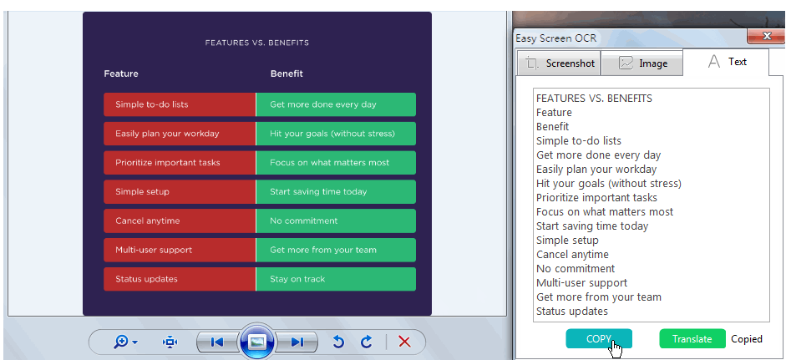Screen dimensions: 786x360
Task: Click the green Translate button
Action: click(692, 338)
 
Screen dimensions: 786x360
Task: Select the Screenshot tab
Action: click(558, 63)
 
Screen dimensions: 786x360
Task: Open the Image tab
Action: click(641, 63)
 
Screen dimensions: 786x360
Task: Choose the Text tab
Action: click(726, 62)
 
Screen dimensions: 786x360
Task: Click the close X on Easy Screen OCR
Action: click(766, 36)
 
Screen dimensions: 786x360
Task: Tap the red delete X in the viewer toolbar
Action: click(404, 342)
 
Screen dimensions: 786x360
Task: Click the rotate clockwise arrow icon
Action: click(367, 342)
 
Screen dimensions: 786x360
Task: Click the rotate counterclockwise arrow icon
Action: click(339, 342)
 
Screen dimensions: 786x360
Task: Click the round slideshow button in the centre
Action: click(257, 342)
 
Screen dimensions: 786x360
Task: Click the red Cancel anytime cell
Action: click(180, 221)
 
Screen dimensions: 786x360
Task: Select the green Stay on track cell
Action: click(336, 279)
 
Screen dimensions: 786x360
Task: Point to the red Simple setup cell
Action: click(180, 191)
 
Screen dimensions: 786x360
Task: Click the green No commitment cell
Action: click(336, 221)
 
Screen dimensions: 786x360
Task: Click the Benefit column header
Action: click(287, 74)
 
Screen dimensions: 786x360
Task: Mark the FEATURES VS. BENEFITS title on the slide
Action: click(257, 43)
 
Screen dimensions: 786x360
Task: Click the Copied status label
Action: click(747, 339)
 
